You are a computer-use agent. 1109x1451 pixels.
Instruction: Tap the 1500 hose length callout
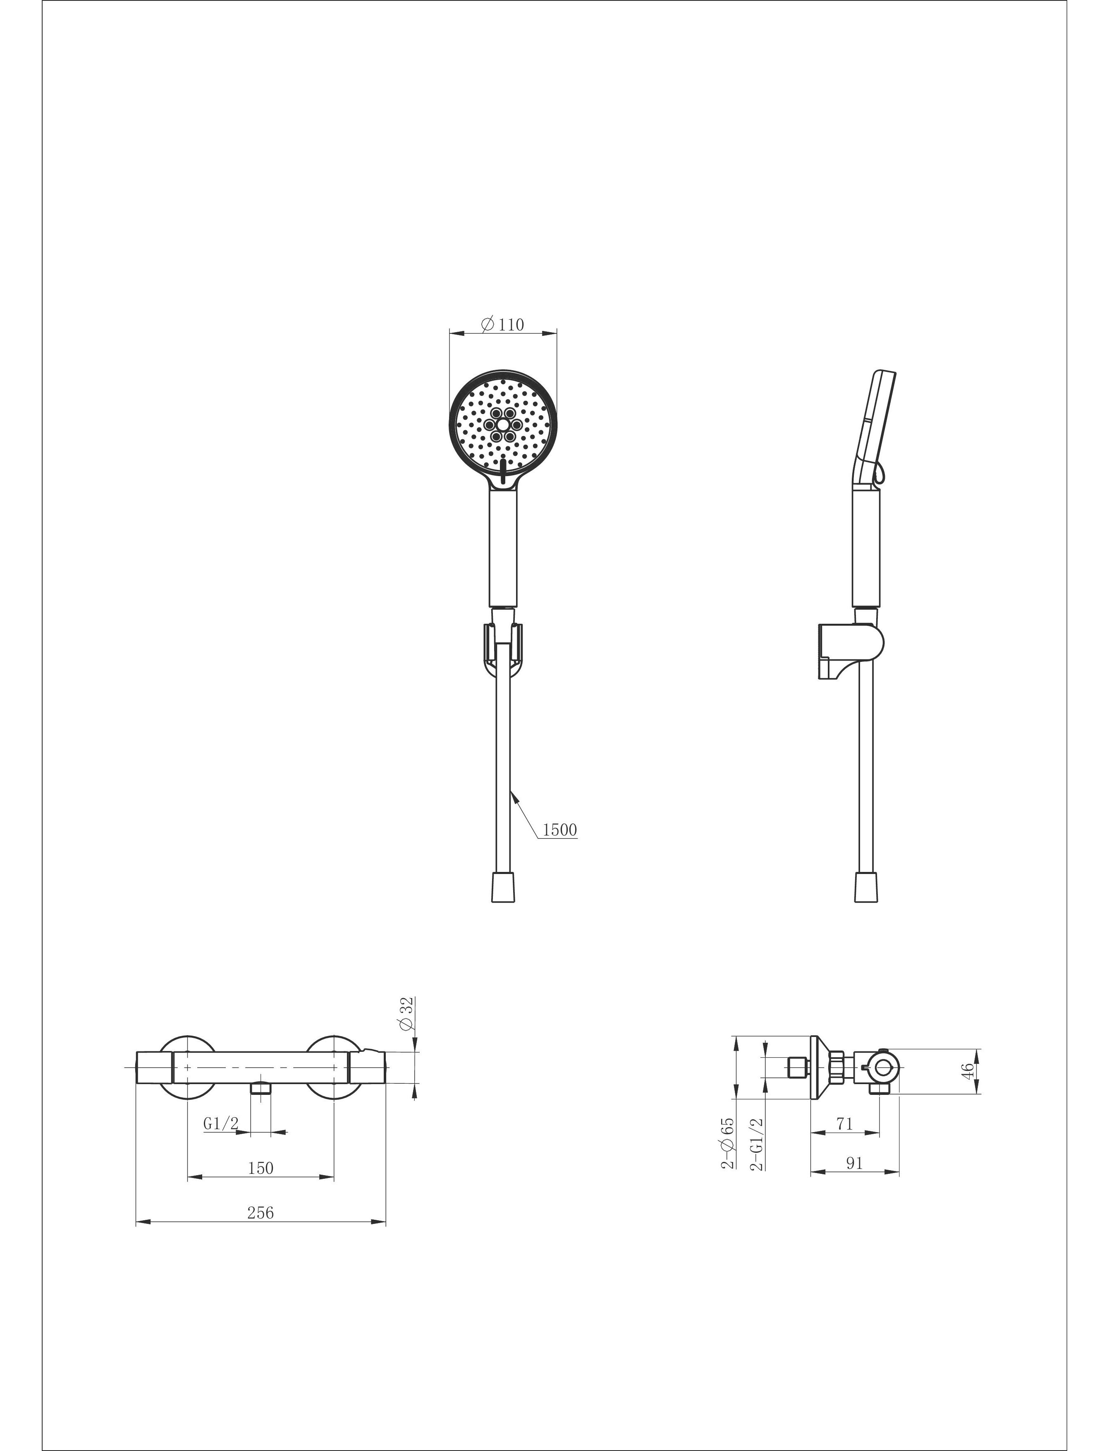(560, 829)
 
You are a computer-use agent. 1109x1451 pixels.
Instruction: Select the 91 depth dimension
(854, 1163)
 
